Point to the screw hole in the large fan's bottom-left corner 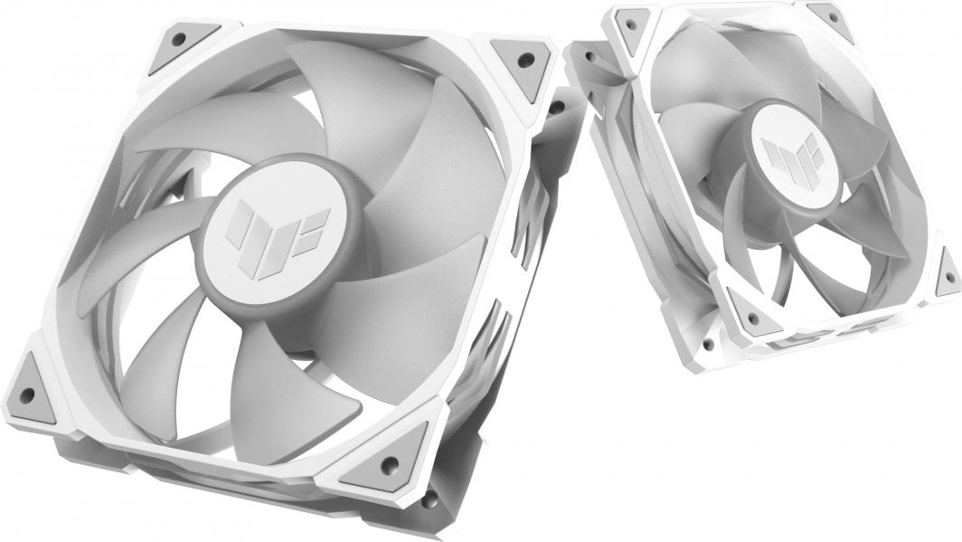(27, 395)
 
